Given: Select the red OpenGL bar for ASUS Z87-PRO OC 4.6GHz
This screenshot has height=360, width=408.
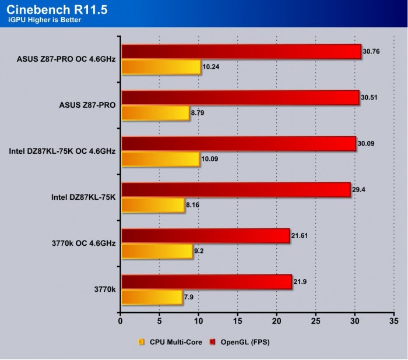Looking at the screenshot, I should [x=241, y=51].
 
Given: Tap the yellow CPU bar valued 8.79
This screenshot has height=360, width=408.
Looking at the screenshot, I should [x=155, y=113].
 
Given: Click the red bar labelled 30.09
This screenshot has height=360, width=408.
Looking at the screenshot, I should [x=238, y=143].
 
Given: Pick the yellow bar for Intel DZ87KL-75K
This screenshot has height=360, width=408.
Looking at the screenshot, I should [x=153, y=205].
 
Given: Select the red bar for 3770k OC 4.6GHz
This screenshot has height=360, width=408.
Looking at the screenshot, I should [x=205, y=235].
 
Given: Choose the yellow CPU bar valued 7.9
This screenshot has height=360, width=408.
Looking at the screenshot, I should [x=152, y=297].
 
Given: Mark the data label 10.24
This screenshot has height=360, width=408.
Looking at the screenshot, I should [x=211, y=67].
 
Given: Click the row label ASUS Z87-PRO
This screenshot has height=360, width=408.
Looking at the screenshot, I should [x=87, y=105].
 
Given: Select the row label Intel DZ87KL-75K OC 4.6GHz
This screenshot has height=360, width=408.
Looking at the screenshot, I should [x=62, y=151].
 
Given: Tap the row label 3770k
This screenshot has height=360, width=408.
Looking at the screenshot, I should [x=103, y=289].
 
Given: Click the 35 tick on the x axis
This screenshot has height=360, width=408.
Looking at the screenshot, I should [x=394, y=320].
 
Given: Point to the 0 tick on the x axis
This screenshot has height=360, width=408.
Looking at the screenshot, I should [x=120, y=320].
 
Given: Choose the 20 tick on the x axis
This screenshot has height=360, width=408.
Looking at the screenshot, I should [x=276, y=320].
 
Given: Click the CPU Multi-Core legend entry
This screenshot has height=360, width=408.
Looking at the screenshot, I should [x=170, y=342].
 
